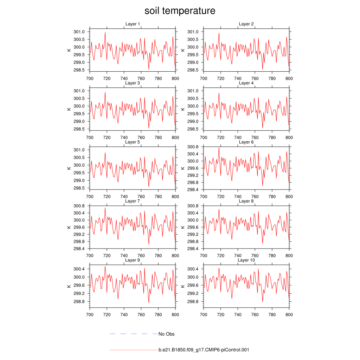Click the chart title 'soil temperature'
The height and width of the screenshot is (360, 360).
point(180,11)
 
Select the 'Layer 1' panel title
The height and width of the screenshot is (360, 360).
point(133,24)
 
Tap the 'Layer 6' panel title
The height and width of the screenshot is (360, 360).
point(246,142)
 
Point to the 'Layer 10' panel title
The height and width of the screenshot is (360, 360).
point(246,260)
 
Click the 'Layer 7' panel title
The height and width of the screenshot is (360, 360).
point(133,201)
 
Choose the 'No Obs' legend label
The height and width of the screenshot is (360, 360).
point(166,334)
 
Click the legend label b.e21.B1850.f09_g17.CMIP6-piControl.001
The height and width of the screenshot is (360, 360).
point(204,350)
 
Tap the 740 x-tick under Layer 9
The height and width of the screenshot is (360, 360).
point(124,315)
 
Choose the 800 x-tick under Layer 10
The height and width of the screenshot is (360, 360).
point(289,315)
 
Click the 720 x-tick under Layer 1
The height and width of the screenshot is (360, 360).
point(107,79)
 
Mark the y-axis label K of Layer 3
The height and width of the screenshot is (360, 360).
point(69,109)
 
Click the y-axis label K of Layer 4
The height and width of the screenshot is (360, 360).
point(183,109)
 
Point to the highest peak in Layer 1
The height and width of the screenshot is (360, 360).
point(105,32)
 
